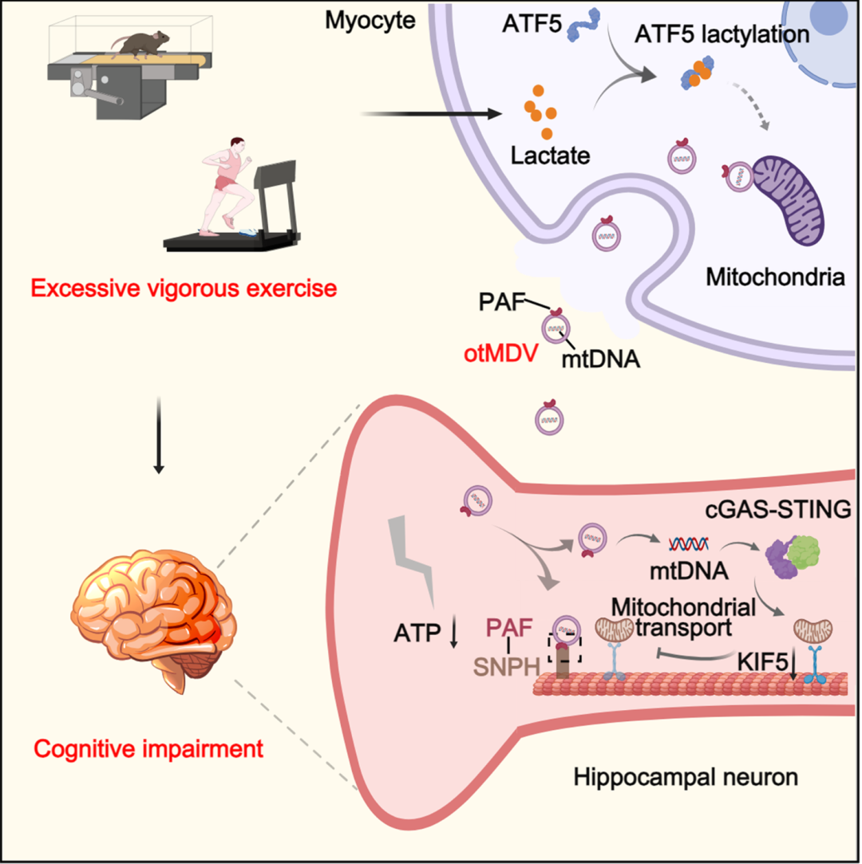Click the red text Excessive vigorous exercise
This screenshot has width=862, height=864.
[184, 288]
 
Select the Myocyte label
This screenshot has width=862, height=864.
[370, 21]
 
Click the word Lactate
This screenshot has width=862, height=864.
[550, 156]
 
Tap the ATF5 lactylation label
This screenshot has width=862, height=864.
[722, 34]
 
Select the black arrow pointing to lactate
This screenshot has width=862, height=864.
[431, 114]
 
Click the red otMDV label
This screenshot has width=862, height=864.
[500, 353]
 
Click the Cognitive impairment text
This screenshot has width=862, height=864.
[148, 749]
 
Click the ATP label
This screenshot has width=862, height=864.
[417, 633]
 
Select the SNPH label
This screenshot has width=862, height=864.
[507, 667]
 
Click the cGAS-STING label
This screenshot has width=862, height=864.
[778, 510]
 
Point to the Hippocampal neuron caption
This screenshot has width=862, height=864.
[686, 777]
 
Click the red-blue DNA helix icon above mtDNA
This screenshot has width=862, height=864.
[688, 544]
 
